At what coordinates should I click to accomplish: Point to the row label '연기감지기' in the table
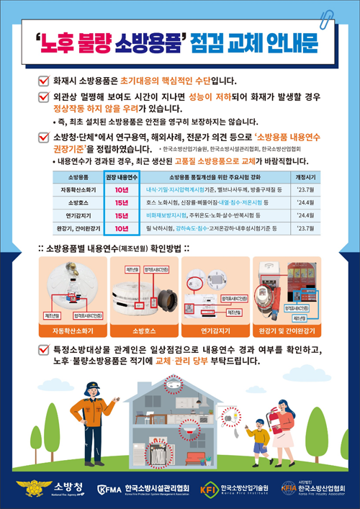(78, 215)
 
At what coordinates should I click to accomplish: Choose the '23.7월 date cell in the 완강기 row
(305, 228)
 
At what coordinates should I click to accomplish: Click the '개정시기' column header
(305, 176)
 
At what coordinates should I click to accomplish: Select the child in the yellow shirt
(256, 437)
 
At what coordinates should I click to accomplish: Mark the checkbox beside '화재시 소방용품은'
(42, 81)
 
